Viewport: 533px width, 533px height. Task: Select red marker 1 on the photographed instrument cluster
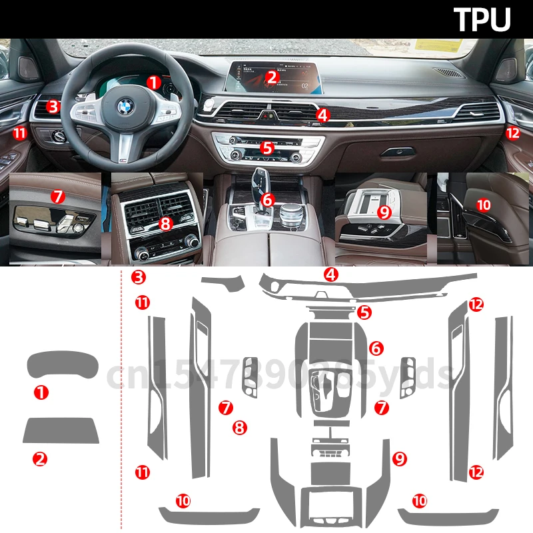coord(154,83)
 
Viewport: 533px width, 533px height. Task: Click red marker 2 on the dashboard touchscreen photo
coord(270,77)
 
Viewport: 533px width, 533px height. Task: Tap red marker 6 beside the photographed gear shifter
coord(267,199)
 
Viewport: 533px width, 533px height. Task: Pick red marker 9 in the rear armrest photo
coord(383,213)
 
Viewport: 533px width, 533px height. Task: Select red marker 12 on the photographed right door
coord(512,133)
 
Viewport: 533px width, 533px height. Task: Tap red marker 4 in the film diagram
coord(331,274)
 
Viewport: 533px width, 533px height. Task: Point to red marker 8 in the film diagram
coord(241,427)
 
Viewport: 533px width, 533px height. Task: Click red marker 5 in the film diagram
coord(364,311)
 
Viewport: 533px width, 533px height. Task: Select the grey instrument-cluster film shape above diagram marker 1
coord(62,365)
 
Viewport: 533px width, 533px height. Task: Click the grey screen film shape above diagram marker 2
coord(61,430)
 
